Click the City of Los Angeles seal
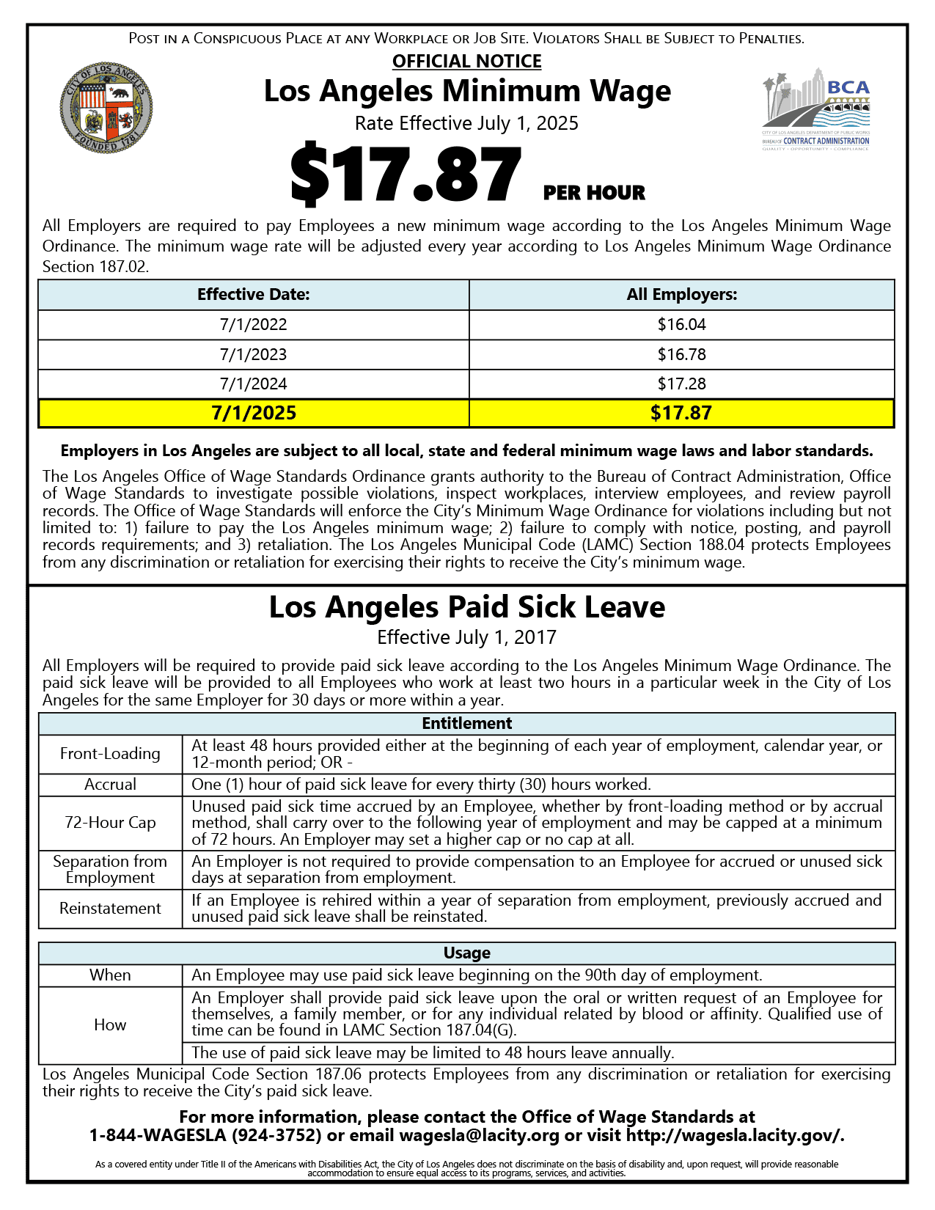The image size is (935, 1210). coord(106,107)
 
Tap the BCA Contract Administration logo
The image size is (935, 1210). coord(815,110)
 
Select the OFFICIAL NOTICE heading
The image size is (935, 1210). coord(466,62)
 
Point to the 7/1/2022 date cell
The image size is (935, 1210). coord(253,325)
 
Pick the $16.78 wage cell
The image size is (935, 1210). coord(681,355)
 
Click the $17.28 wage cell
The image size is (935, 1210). coord(681,384)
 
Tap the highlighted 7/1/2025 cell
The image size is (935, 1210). coord(253,413)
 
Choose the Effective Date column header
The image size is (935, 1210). coord(253,295)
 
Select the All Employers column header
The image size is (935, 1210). coord(681,295)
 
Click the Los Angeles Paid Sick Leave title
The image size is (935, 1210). coord(466,607)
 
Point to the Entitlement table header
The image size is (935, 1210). coord(466,724)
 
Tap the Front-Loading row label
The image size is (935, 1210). coord(110,754)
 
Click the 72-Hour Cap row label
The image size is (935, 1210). coord(110,823)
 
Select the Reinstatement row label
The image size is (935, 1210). coord(110,909)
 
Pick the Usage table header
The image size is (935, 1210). coord(466,953)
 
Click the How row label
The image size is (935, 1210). coord(110,1025)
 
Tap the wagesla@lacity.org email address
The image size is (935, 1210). coord(479,1136)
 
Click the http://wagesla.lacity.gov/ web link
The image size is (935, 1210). coord(734,1136)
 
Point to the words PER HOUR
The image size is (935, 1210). coord(594,193)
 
